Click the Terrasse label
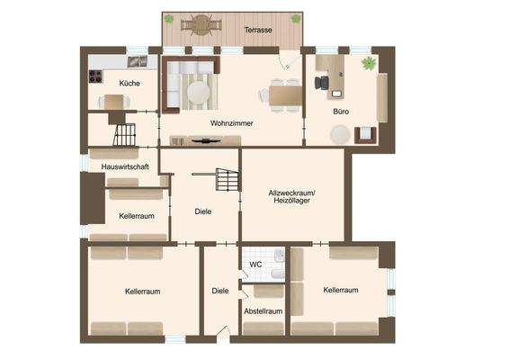258,31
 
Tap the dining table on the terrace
200,25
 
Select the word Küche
129,83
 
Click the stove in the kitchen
95,76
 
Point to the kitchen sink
138,61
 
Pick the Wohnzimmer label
231,122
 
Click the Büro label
341,112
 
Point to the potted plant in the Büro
368,63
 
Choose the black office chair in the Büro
321,82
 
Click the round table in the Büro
340,134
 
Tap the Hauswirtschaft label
124,167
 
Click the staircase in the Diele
227,179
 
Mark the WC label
255,265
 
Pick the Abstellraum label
263,311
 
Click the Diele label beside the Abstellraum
219,291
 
